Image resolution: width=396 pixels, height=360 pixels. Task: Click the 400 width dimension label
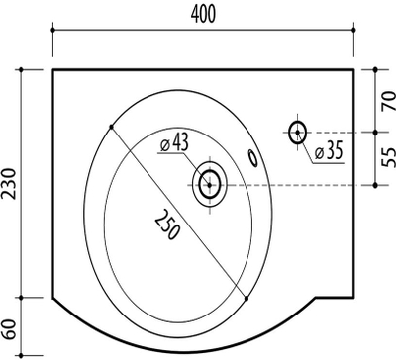[203, 15]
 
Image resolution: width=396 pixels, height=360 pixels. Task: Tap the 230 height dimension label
[9, 183]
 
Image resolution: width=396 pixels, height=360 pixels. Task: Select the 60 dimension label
[9, 329]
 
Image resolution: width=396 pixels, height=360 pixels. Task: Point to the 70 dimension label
[389, 101]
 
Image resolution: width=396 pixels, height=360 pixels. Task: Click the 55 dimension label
[389, 157]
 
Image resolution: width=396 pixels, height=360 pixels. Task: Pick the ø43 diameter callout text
[174, 143]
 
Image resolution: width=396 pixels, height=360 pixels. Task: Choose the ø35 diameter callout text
[329, 150]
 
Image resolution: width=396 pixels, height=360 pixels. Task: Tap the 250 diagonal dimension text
[167, 225]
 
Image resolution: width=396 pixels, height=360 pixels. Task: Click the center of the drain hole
[210, 185]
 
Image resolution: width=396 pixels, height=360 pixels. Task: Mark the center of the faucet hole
[297, 133]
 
